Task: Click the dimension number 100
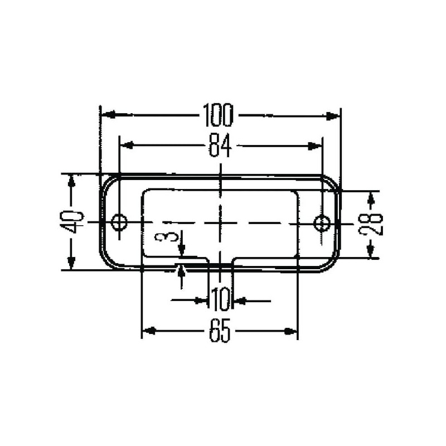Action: pyautogui.click(x=218, y=115)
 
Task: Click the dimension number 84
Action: pyautogui.click(x=220, y=146)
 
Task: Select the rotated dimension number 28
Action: pyautogui.click(x=371, y=224)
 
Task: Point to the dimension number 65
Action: pyautogui.click(x=219, y=331)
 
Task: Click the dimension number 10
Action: pyautogui.click(x=220, y=299)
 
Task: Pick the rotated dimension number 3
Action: pyautogui.click(x=167, y=236)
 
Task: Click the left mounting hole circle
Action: pyautogui.click(x=119, y=222)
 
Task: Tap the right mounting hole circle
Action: pyautogui.click(x=322, y=222)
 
